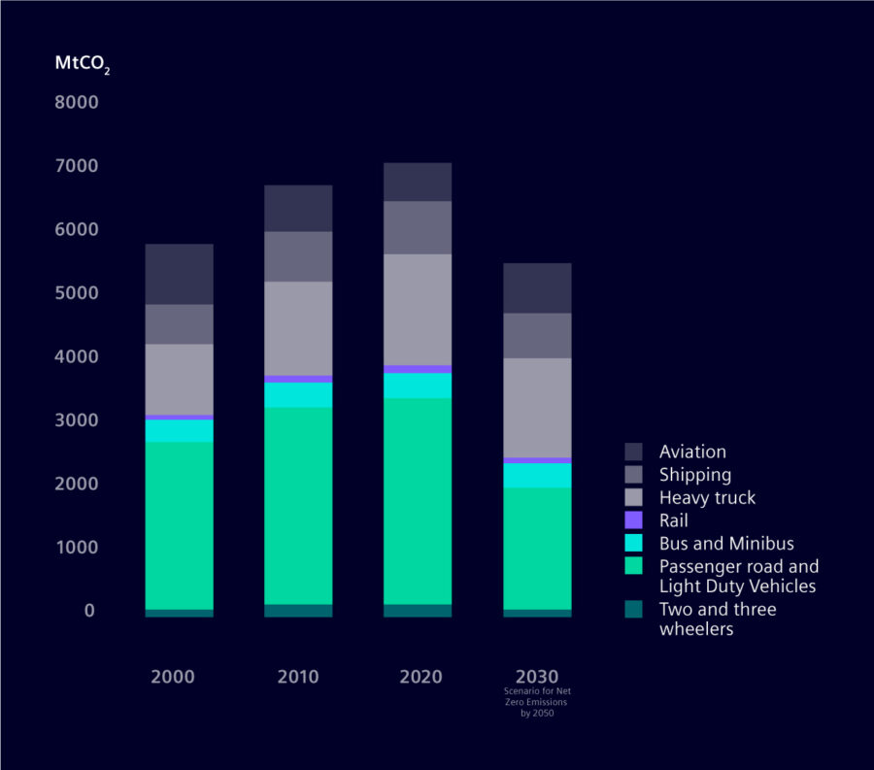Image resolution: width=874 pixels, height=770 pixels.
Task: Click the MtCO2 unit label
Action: [x=82, y=65]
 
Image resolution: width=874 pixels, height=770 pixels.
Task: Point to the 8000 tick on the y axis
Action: [x=77, y=102]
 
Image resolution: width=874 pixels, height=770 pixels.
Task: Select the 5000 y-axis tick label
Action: [x=77, y=293]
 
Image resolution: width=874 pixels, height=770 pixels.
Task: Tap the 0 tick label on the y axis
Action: [x=89, y=611]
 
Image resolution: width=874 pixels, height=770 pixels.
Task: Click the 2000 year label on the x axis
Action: [x=172, y=677]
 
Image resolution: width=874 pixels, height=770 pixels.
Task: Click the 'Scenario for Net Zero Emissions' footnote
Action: [x=536, y=701]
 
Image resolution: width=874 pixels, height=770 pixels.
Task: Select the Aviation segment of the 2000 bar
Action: [x=179, y=274]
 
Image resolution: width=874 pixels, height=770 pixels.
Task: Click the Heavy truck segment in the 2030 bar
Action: [x=537, y=407]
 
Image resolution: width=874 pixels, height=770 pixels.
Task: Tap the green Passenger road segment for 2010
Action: [x=298, y=505]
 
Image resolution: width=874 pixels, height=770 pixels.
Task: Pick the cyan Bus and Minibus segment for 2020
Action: [x=418, y=385]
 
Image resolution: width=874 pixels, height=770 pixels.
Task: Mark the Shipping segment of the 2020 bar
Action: [x=418, y=227]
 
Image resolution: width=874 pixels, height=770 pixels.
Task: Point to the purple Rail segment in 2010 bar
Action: [x=298, y=379]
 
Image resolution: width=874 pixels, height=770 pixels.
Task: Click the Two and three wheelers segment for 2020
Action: [x=418, y=611]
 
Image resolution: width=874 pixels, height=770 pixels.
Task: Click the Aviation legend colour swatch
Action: [x=633, y=452]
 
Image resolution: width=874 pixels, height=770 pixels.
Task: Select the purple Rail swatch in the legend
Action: [x=633, y=520]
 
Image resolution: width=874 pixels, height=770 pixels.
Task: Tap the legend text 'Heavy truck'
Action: [x=707, y=498]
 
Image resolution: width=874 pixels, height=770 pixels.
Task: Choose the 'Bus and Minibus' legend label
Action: [x=725, y=544]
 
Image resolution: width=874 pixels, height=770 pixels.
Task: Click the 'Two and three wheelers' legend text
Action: [x=717, y=619]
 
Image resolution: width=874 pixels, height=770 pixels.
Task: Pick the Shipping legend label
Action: [x=694, y=475]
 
